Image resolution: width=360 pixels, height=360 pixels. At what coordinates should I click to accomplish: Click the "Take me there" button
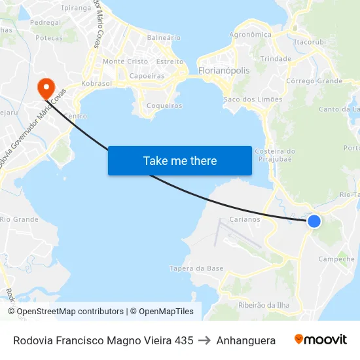click(180, 160)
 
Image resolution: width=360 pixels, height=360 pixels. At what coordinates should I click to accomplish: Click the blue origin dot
click(314, 221)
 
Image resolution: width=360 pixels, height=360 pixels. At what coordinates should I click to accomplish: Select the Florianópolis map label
click(223, 70)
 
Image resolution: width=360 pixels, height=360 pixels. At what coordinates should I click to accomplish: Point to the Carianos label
click(245, 219)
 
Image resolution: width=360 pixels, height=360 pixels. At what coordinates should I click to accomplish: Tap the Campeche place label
click(336, 259)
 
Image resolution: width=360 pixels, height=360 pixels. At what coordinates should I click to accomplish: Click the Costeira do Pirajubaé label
click(277, 155)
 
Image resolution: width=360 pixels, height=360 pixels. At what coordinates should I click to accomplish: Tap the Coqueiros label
click(164, 105)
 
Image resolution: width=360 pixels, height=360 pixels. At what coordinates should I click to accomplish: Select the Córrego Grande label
click(314, 81)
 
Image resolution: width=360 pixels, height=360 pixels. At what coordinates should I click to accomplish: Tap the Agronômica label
click(250, 35)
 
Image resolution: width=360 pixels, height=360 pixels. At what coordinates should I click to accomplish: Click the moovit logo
click(321, 340)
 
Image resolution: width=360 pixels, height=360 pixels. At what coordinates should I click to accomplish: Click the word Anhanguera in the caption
click(245, 340)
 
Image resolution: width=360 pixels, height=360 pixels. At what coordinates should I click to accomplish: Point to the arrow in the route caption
click(204, 340)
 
